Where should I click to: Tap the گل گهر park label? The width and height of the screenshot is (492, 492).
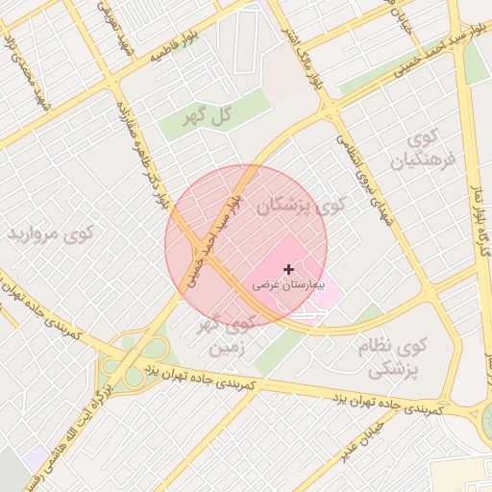209,116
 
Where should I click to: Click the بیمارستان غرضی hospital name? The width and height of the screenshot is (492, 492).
289,285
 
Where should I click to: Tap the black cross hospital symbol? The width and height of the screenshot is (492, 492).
289,271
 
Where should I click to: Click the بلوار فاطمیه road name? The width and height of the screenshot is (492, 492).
179,45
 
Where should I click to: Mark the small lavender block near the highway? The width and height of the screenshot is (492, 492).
36,457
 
